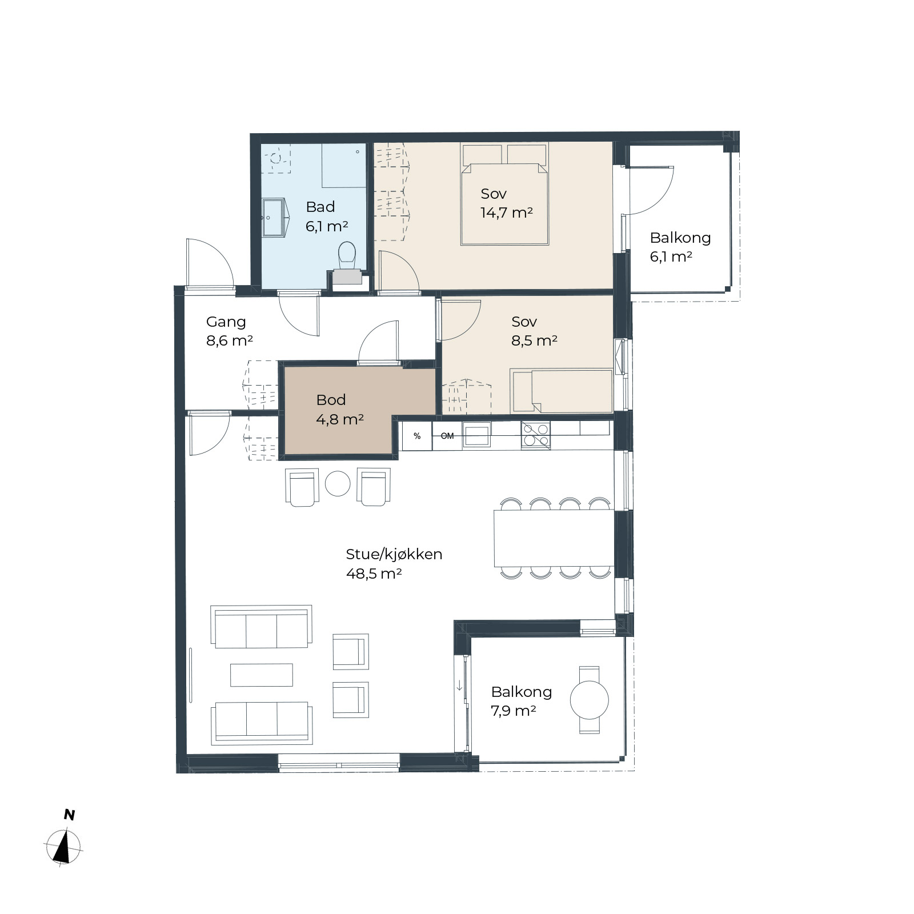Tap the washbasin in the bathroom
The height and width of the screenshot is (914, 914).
tap(275, 218)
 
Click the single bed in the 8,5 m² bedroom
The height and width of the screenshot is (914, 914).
tap(562, 391)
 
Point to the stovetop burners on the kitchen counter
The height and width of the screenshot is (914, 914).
tap(535, 435)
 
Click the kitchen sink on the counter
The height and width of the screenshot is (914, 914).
tap(476, 435)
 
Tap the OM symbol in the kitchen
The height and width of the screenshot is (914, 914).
tap(447, 436)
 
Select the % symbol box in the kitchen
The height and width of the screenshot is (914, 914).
tap(417, 436)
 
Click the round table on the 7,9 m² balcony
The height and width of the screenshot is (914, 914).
tap(589, 700)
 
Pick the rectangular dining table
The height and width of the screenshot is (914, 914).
tap(554, 538)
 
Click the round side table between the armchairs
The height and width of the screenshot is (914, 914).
tap(338, 484)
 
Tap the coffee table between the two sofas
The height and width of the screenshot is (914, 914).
tap(262, 675)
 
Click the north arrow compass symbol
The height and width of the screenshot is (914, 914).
tap(64, 845)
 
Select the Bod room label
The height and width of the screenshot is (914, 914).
tap(331, 400)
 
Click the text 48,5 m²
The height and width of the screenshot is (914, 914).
tap(374, 574)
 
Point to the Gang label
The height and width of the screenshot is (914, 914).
tap(226, 322)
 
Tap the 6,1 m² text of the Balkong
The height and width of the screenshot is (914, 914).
tap(671, 256)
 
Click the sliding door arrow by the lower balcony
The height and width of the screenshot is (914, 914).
tap(459, 685)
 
